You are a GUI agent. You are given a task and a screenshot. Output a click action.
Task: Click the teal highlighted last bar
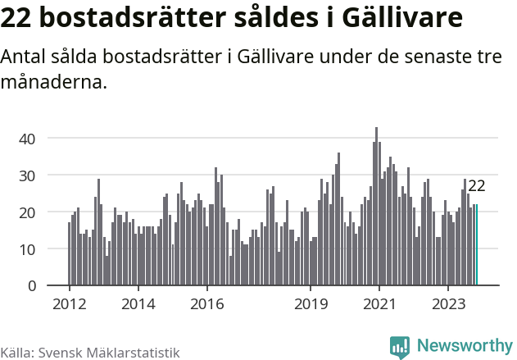coord(477,245)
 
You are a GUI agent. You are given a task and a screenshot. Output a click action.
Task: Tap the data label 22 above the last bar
coord(477,186)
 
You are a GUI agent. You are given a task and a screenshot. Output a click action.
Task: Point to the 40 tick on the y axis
coord(27,139)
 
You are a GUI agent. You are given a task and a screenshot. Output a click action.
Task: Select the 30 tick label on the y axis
coord(27,175)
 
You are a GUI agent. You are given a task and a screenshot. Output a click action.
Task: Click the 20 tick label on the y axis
coord(27,212)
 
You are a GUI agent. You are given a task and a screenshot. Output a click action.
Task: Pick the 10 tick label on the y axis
coord(27,249)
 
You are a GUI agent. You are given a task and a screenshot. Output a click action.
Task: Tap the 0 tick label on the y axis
coord(31,286)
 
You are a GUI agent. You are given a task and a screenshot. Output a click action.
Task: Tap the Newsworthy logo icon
coord(400,346)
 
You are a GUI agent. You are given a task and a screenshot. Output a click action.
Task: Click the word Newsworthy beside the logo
coord(464,346)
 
